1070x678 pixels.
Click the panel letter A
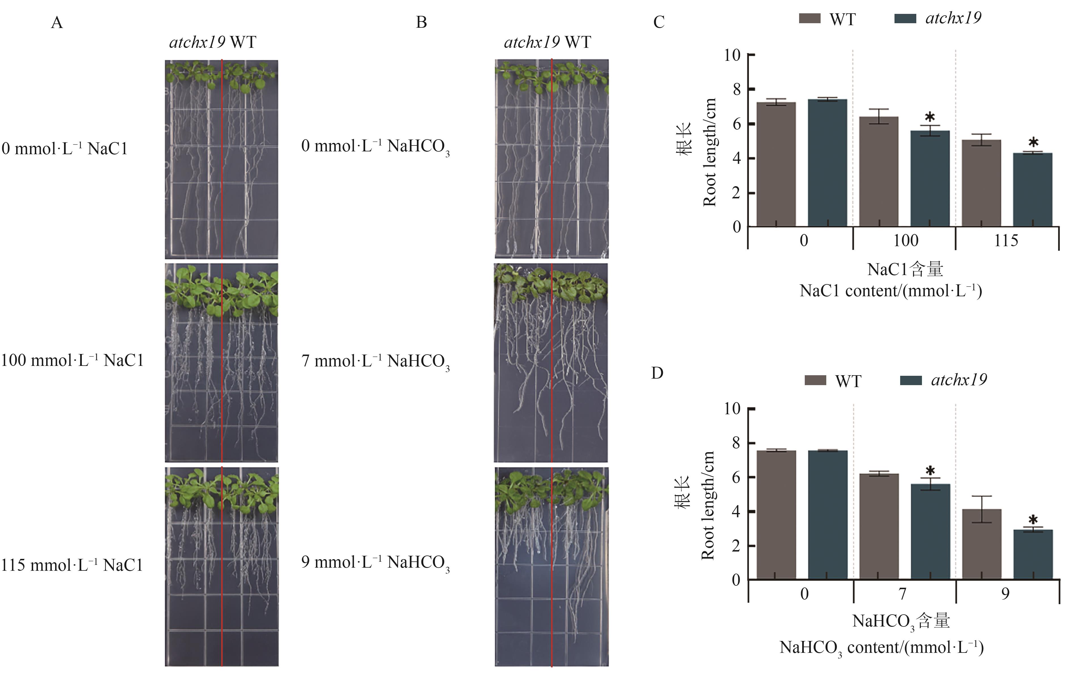(57, 22)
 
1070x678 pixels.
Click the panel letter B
(421, 22)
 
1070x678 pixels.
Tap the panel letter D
(657, 373)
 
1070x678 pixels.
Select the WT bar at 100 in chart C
(878, 172)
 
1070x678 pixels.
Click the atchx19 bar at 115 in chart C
(1033, 190)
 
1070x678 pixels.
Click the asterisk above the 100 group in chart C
(930, 118)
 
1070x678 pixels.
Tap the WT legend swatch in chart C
(810, 19)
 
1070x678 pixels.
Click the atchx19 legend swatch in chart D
(910, 380)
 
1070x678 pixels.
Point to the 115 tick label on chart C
(1006, 241)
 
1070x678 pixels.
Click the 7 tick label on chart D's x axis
(902, 594)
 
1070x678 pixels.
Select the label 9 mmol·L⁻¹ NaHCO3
(375, 563)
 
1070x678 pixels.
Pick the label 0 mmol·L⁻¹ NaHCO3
(375, 147)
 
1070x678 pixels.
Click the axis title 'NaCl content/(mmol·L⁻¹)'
(891, 291)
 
